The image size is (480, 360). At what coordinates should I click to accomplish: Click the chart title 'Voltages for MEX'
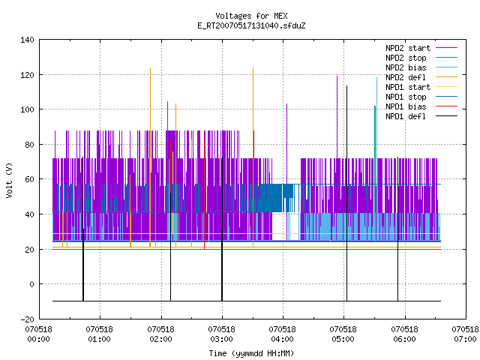(251, 16)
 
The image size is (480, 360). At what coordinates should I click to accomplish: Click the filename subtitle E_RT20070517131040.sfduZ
(251, 25)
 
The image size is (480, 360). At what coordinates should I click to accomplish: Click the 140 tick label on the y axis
(27, 40)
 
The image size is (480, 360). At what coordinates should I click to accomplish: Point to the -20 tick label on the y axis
(27, 319)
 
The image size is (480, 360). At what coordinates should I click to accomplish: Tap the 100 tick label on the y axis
(27, 109)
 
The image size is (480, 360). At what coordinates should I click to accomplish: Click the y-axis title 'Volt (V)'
(10, 180)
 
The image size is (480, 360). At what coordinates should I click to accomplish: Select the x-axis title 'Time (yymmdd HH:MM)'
(251, 353)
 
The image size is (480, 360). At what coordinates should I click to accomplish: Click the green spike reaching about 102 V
(375, 174)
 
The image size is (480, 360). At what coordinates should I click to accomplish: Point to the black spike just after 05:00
(346, 193)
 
